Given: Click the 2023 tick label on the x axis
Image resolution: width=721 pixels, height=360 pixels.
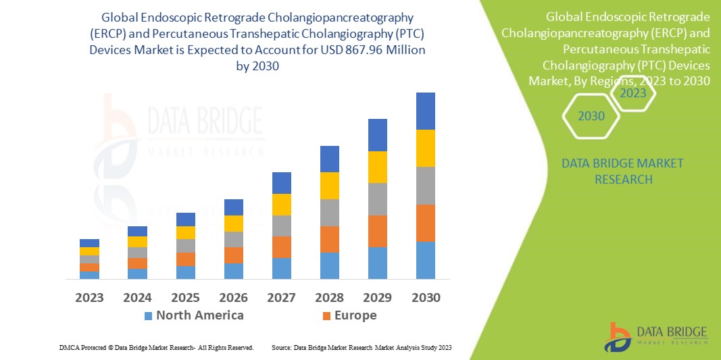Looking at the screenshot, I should (89, 297).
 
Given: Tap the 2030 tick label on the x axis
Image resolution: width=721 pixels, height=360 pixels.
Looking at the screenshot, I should (425, 297).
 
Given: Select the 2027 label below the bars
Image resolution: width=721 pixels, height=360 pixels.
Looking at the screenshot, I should (281, 297).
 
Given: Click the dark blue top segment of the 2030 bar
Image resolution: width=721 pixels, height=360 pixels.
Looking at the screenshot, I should (425, 111).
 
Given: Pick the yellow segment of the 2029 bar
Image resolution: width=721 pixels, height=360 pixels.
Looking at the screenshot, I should (377, 167).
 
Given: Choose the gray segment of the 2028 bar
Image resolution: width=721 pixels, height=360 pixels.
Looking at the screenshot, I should (329, 212).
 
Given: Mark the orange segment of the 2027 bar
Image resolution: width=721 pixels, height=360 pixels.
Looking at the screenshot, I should (281, 247).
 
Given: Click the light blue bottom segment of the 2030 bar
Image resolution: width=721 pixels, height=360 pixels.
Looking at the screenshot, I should (425, 260).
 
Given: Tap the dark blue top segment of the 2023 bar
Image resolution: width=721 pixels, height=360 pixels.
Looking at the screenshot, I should (89, 243).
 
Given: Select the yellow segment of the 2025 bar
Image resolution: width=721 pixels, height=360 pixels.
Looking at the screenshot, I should (185, 232).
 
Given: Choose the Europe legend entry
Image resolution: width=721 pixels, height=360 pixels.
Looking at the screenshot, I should (355, 315).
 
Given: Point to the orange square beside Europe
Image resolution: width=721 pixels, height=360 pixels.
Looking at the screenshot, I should (327, 315).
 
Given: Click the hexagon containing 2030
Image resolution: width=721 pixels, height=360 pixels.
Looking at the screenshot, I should (591, 116).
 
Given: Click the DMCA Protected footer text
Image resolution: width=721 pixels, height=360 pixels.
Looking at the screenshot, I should (155, 347).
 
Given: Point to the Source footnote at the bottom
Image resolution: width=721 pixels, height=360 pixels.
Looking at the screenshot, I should (362, 347).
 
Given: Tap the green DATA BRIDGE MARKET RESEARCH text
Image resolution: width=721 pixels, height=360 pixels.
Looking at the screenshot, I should (622, 172).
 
